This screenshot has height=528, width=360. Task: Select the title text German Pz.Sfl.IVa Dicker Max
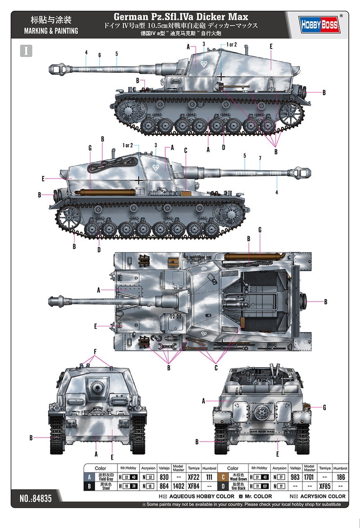(x=181, y=17)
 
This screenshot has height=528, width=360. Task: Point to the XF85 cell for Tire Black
(x=324, y=486)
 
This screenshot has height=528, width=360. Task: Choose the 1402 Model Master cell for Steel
(x=178, y=486)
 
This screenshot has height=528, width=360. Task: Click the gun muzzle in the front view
(x=97, y=387)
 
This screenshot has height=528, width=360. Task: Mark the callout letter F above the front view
(x=94, y=352)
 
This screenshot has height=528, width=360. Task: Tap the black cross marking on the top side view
(x=221, y=77)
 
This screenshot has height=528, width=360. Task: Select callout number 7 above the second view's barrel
(x=260, y=158)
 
